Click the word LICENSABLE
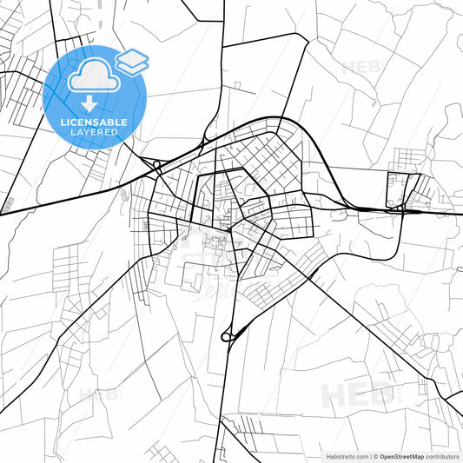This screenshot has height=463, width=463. pos(94,122)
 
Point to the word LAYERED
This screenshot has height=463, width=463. pos(95,133)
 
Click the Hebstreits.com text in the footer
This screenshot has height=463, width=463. pos(347,455)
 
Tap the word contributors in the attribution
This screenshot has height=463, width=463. pos(443,455)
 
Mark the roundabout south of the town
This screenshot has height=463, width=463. pos(228,335)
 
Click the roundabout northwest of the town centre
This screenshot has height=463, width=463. pos(156,163)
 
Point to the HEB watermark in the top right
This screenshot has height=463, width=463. pos(361,66)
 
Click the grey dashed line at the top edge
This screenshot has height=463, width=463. pos(100,13)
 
